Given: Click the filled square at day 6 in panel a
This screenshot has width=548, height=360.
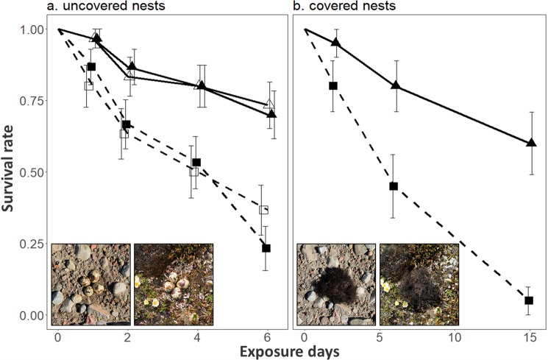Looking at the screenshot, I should [266, 248].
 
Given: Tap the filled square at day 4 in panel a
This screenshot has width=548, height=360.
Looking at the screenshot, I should [196, 162].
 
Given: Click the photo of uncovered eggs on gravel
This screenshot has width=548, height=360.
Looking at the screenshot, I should [90, 284].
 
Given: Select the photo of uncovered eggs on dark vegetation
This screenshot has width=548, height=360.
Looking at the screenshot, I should [173, 284].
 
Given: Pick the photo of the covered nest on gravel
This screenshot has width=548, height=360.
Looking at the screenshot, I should [335, 284].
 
